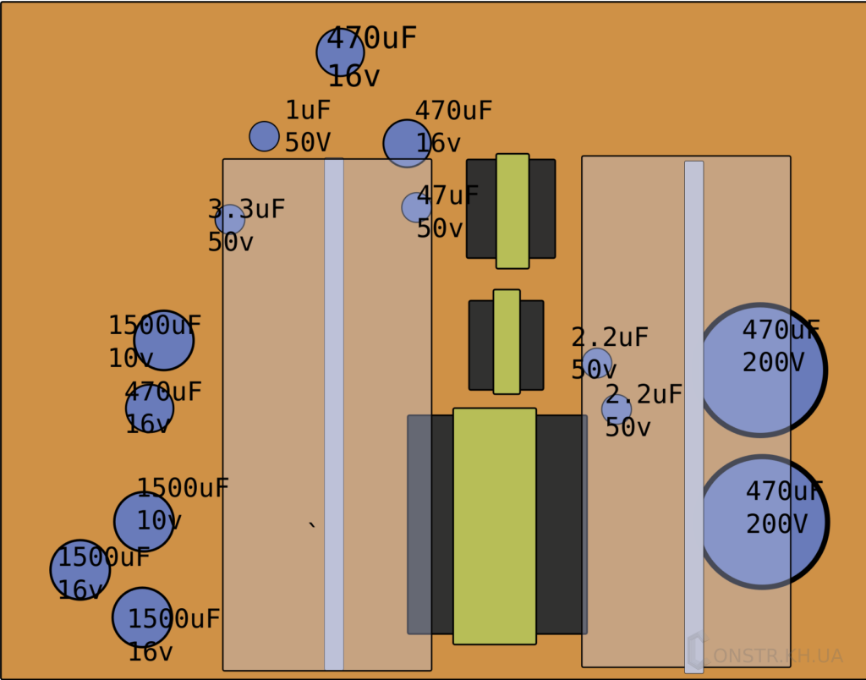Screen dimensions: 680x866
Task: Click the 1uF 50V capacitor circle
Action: click(x=264, y=136)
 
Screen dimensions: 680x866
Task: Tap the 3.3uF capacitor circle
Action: click(x=229, y=219)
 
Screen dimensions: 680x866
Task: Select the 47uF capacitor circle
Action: click(x=415, y=207)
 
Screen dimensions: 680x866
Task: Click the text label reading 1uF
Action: click(x=308, y=111)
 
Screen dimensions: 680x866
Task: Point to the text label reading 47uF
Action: click(x=447, y=195)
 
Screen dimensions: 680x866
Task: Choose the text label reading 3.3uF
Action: click(x=246, y=209)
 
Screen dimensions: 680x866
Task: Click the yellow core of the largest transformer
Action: click(x=495, y=526)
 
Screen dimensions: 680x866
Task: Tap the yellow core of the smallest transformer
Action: click(x=507, y=342)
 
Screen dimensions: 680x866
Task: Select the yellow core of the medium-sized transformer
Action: click(x=512, y=211)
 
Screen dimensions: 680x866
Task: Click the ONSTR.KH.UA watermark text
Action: click(x=778, y=655)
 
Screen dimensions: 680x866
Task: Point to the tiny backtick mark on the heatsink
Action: click(x=312, y=526)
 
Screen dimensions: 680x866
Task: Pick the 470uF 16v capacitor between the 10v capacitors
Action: click(x=150, y=409)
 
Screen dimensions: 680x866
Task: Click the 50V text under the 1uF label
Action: click(x=308, y=143)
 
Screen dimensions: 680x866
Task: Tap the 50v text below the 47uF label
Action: click(x=440, y=228)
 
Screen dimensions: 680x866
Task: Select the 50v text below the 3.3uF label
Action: click(x=230, y=242)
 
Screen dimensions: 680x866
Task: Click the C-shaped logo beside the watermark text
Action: click(x=696, y=651)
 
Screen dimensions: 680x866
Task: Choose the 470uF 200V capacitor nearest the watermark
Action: click(x=762, y=522)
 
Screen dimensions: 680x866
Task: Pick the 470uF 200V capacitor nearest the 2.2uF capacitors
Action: click(x=760, y=370)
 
